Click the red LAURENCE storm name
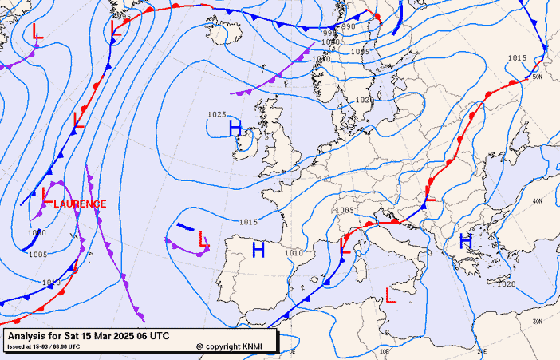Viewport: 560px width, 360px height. (x=80, y=204)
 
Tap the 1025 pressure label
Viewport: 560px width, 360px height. (x=217, y=115)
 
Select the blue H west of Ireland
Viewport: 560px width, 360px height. (x=235, y=128)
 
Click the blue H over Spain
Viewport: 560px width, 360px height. (x=258, y=251)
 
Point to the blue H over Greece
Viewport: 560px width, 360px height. (x=466, y=241)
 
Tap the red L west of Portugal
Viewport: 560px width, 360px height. (x=203, y=239)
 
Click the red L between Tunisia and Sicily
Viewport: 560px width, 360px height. (x=391, y=295)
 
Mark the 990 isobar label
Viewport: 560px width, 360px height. (x=349, y=27)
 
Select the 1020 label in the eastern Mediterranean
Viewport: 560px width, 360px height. (x=506, y=284)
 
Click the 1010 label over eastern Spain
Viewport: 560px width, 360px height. (x=295, y=253)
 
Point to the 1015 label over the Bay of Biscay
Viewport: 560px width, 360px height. (x=248, y=221)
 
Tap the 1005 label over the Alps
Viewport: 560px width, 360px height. (x=345, y=211)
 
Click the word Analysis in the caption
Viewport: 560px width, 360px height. (x=30, y=336)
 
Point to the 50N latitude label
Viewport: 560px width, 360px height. (x=537, y=77)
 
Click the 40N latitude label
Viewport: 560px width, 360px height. (x=537, y=201)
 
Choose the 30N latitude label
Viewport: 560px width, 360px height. (x=537, y=322)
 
